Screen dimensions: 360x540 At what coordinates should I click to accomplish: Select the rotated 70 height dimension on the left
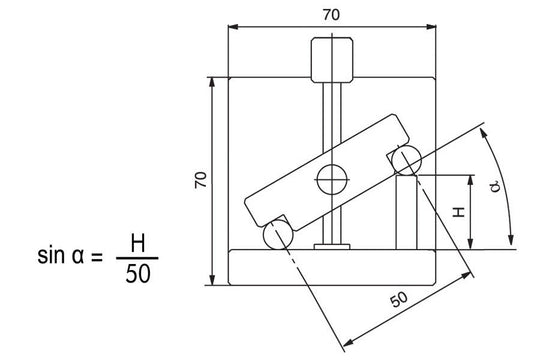pos(199,179)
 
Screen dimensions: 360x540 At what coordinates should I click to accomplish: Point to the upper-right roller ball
pos(407,160)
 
